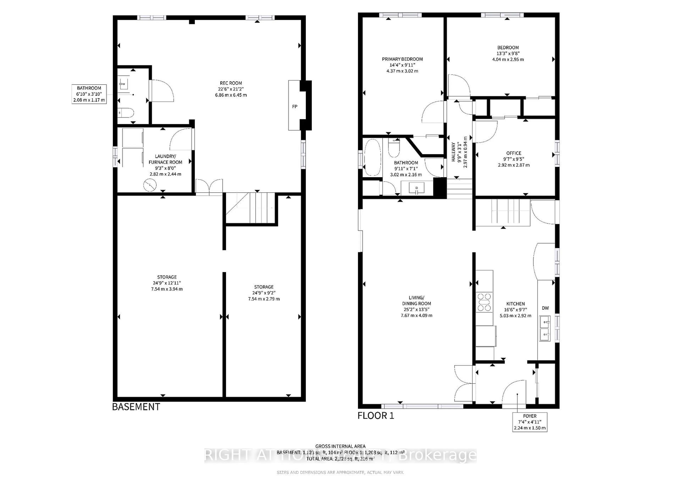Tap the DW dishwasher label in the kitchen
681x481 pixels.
tap(545, 308)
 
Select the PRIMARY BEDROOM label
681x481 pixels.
tap(402, 59)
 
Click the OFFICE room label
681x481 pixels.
tap(514, 153)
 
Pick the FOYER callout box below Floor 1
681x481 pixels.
tap(530, 422)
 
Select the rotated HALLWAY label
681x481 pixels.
tap(453, 152)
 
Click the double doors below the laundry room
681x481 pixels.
tap(209, 187)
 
